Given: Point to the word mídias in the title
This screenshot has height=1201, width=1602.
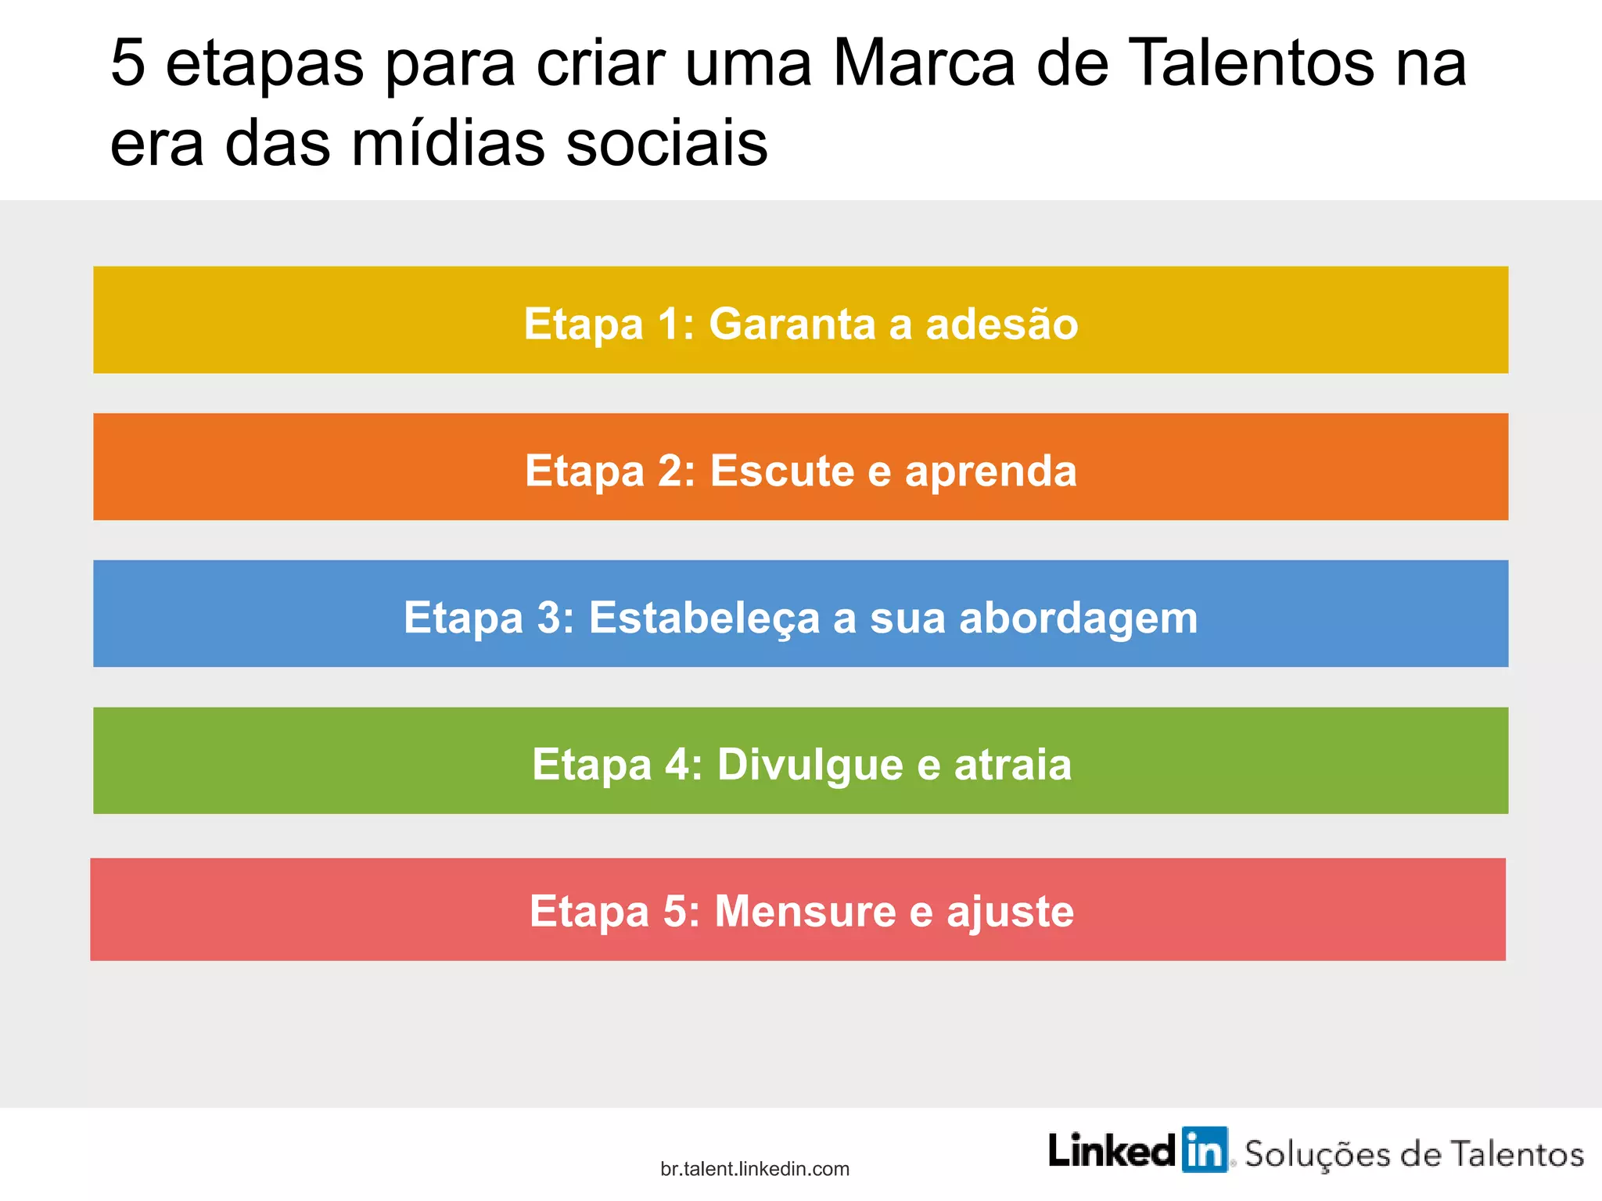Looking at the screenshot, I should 447,145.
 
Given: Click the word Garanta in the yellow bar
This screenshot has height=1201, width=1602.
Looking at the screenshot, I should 792,324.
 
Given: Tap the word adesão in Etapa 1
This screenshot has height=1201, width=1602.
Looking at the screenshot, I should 1002,324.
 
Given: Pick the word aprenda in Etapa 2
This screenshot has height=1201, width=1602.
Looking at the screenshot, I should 991,472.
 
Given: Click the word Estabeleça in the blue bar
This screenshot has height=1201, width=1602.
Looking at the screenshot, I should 703,618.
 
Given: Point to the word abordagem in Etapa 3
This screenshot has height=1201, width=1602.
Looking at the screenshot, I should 1078,618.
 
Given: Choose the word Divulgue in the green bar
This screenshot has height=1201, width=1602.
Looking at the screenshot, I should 810,764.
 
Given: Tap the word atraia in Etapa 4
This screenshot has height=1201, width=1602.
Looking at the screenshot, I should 1012,764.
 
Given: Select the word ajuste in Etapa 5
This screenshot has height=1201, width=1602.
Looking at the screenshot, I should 1010,912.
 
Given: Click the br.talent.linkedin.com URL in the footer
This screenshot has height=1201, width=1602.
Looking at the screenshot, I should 755,1169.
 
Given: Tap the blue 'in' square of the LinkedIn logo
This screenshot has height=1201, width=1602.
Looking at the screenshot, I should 1204,1150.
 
